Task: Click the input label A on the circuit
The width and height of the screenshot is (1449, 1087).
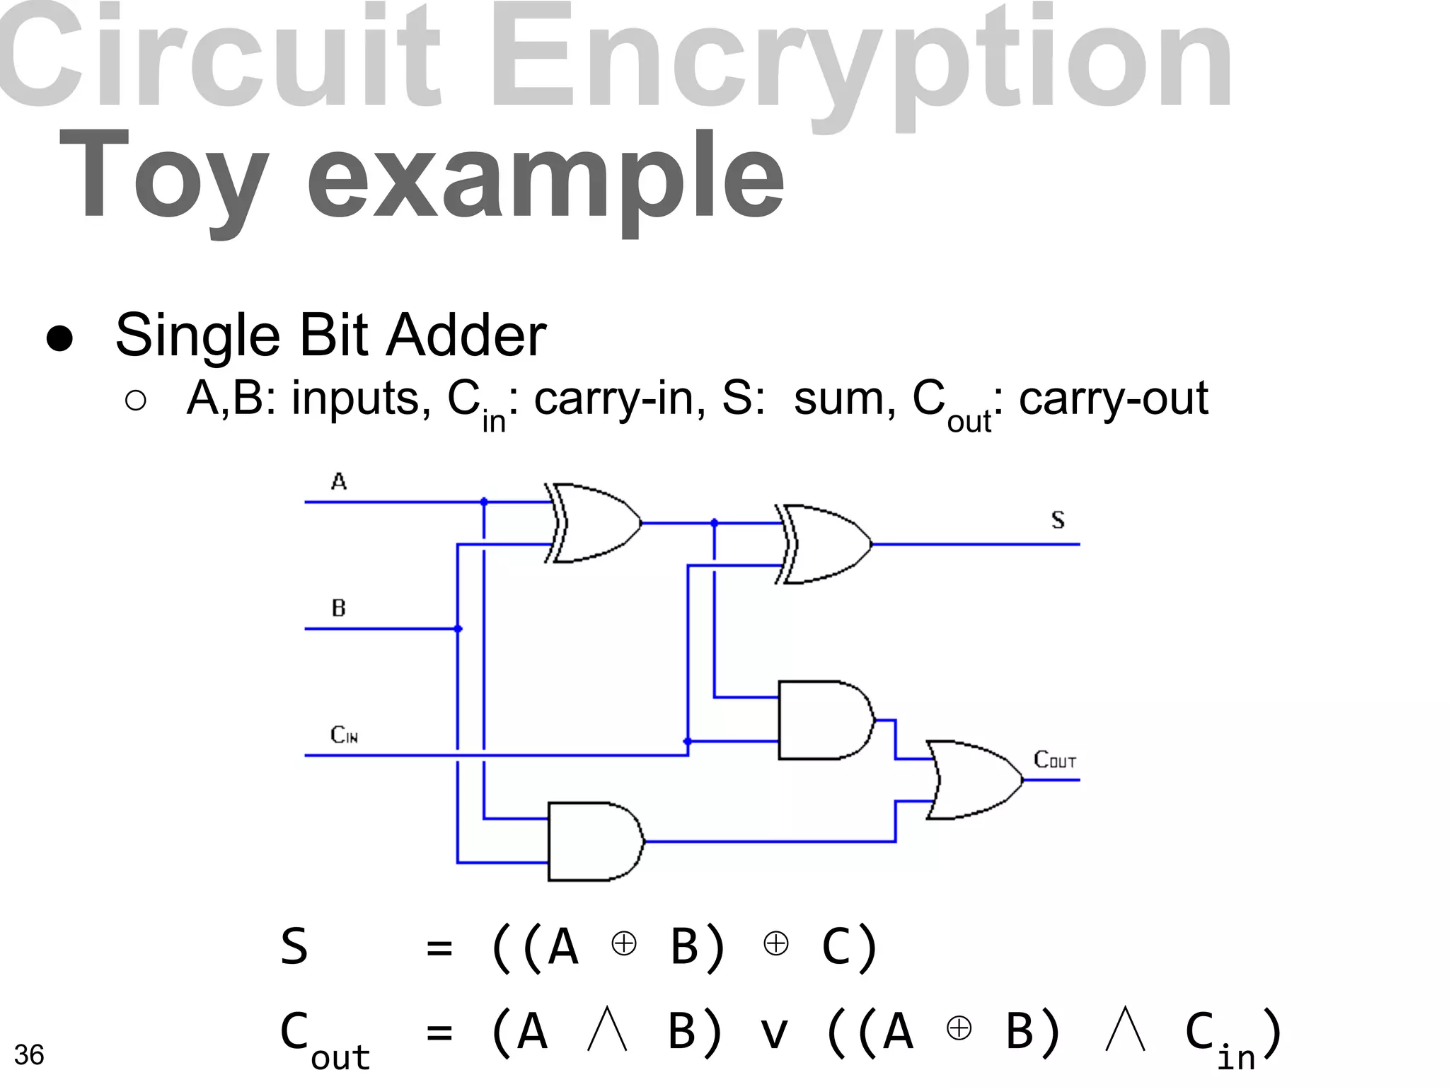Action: pyautogui.click(x=339, y=482)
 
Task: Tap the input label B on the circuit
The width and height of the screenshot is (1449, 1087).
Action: pyautogui.click(x=339, y=608)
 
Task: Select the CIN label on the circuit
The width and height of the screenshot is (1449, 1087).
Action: pyautogui.click(x=345, y=735)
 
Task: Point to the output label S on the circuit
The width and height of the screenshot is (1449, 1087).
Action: pyautogui.click(x=1058, y=520)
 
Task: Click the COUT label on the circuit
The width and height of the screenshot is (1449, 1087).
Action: pyautogui.click(x=1055, y=760)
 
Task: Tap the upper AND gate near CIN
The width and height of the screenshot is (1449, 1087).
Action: pyautogui.click(x=825, y=720)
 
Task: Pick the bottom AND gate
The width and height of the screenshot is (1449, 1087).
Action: pyautogui.click(x=595, y=841)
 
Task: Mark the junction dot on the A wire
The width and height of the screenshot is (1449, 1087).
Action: pyautogui.click(x=484, y=502)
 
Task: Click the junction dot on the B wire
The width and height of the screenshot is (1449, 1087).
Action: pyautogui.click(x=458, y=628)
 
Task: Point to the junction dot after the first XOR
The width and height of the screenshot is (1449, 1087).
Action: pyautogui.click(x=714, y=523)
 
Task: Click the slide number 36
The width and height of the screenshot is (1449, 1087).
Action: pyautogui.click(x=29, y=1054)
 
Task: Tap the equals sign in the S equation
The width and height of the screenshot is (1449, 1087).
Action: pyautogui.click(x=439, y=948)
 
